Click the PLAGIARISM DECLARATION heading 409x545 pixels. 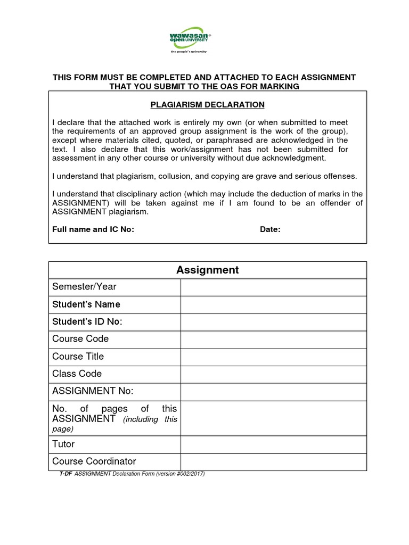tap(207, 105)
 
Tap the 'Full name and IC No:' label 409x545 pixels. tap(93, 229)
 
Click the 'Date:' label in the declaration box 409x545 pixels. tap(270, 229)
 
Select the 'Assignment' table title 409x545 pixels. tap(207, 270)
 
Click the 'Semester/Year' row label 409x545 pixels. tap(84, 287)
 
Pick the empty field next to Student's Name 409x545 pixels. tap(273, 304)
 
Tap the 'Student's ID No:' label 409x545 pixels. tap(87, 322)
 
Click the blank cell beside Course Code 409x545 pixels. tap(273, 340)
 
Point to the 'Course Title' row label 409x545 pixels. tap(78, 357)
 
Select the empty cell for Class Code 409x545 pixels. tap(273, 374)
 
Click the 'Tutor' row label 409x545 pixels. tap(63, 444)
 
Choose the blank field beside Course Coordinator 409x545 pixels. tap(273, 461)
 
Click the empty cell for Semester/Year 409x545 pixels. tap(273, 287)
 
